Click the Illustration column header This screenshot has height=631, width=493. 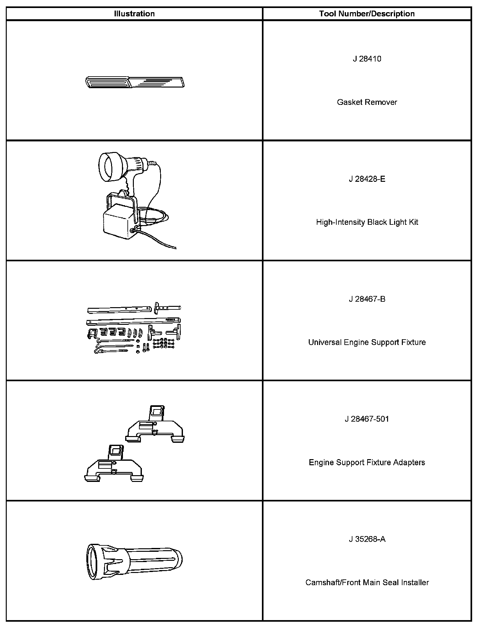pos(134,14)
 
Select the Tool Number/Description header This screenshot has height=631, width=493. pos(367,14)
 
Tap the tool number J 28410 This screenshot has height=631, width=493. pos(367,59)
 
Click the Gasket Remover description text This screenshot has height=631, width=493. pos(367,102)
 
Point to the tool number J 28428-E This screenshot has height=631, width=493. pos(367,179)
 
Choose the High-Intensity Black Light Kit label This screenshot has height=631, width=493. pos(367,222)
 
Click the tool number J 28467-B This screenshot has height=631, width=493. pos(367,299)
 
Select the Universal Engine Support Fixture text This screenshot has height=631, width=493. pos(367,342)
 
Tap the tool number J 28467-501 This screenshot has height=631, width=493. pos(367,419)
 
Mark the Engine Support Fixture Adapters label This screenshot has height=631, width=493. pos(367,462)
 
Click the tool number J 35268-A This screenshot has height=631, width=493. pos(367,539)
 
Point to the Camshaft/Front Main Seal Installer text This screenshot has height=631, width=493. pos(367,583)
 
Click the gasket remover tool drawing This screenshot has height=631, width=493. pos(135,82)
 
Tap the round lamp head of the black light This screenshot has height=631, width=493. pos(109,167)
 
